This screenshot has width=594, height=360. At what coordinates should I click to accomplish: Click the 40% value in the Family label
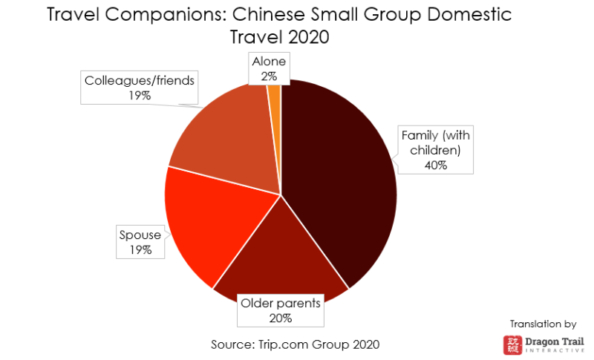(x=436, y=165)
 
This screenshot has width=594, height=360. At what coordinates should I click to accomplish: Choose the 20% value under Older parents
(x=280, y=318)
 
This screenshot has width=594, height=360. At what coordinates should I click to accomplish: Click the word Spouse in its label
(x=140, y=236)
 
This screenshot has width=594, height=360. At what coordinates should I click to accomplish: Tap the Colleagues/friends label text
(x=140, y=80)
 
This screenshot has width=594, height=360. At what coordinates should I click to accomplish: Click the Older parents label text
(x=280, y=304)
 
